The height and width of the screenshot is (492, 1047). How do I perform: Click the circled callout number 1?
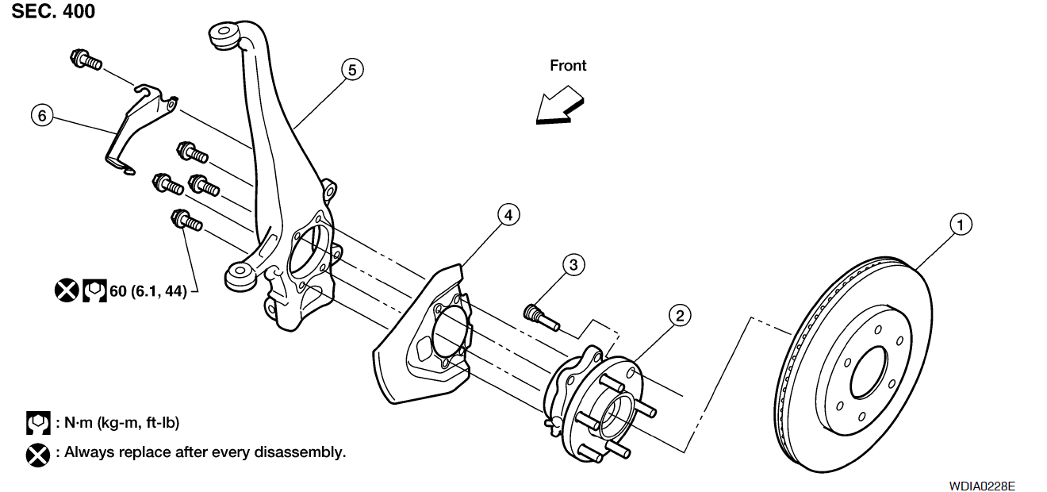961,225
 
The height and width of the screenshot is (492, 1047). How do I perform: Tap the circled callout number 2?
680,316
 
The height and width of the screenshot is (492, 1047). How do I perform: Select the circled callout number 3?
573,265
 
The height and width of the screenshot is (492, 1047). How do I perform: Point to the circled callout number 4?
508,215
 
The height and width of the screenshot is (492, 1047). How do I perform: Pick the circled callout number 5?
352,70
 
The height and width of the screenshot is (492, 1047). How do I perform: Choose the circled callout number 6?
42,116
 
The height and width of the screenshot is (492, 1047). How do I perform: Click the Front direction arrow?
559,106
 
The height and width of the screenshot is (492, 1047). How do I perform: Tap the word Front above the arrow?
568,66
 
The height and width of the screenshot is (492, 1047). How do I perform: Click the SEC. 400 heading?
53,11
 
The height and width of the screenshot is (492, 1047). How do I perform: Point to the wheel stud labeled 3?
542,317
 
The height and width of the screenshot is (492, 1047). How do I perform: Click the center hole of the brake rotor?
869,372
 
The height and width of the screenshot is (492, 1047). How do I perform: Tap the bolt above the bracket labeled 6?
86,60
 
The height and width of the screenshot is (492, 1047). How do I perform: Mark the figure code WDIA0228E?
982,486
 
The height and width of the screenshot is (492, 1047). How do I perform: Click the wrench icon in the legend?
38,423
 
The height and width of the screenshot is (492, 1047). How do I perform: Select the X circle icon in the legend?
38,455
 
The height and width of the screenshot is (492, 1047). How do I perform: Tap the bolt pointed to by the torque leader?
187,221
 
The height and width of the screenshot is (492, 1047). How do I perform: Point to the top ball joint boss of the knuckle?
224,34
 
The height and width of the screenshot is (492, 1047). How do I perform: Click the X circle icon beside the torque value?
67,290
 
